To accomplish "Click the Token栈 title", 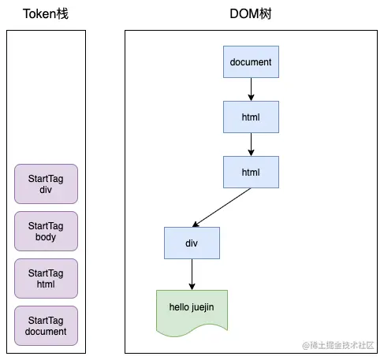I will click(x=46, y=13).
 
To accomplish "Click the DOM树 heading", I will click(x=251, y=13).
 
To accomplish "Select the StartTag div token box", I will click(x=46, y=184).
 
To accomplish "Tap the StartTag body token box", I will click(x=46, y=231).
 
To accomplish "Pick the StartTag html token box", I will click(x=46, y=278).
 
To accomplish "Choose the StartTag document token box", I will click(x=46, y=325).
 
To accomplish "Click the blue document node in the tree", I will click(x=251, y=62).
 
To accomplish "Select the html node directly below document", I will click(x=251, y=117).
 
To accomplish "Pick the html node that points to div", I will click(x=251, y=171).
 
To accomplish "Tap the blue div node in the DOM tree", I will click(x=192, y=243).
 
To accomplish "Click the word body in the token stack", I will click(x=46, y=236).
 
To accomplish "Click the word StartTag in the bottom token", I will click(x=46, y=320).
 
